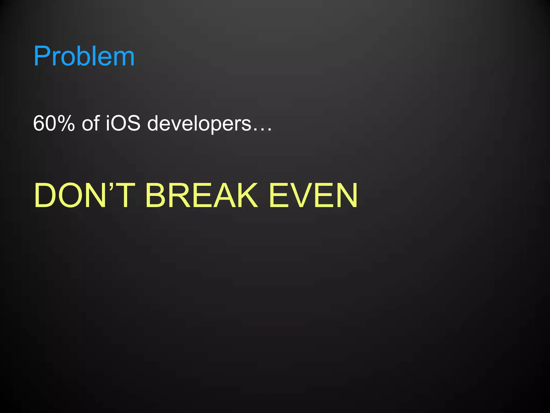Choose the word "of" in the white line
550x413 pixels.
91,123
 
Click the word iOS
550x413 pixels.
123,123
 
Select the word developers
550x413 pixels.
199,123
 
